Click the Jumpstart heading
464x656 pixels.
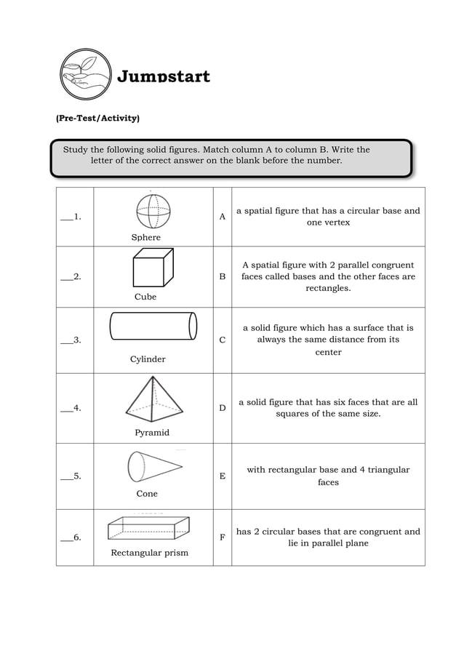click(x=164, y=76)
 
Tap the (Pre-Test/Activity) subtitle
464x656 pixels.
click(x=97, y=118)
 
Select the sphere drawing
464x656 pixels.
click(x=153, y=212)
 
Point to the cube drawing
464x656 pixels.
click(x=153, y=268)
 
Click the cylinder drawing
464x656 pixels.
click(x=153, y=326)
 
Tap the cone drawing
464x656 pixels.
click(x=153, y=466)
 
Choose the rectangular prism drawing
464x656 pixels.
click(x=149, y=527)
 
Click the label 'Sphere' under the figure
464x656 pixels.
click(x=146, y=237)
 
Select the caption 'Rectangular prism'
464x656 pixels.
click(x=149, y=553)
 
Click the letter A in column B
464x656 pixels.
click(x=223, y=217)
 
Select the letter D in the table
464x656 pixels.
click(x=223, y=408)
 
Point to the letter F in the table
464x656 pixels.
click(x=223, y=537)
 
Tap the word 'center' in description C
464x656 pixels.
click(x=328, y=353)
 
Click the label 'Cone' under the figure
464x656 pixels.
click(x=147, y=494)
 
